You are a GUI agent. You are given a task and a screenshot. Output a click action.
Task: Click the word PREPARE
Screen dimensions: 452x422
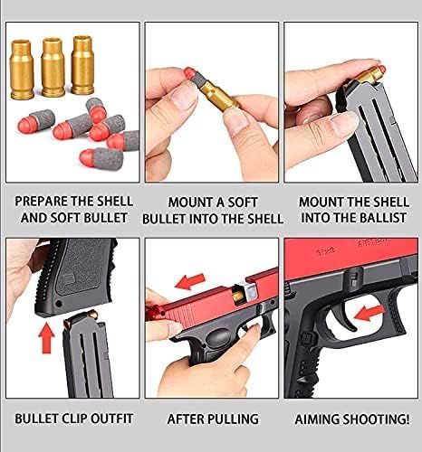(x=43, y=201)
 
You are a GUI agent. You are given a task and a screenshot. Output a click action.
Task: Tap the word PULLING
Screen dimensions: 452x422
(x=233, y=419)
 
